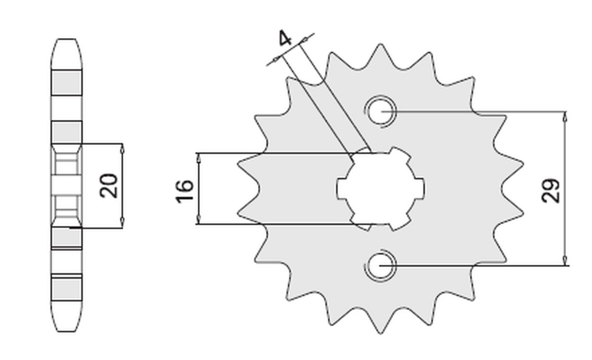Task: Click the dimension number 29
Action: click(x=552, y=190)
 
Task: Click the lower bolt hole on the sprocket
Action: click(x=380, y=266)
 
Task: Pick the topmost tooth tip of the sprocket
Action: click(x=380, y=45)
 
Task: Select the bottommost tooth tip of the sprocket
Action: click(x=380, y=332)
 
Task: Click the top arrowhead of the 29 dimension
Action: click(x=565, y=115)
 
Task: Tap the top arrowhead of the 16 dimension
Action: click(x=199, y=157)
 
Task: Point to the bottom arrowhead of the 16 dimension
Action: click(x=199, y=220)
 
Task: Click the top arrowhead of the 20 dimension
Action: click(x=122, y=148)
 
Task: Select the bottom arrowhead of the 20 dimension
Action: click(x=122, y=224)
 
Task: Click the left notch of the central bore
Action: click(x=341, y=188)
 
